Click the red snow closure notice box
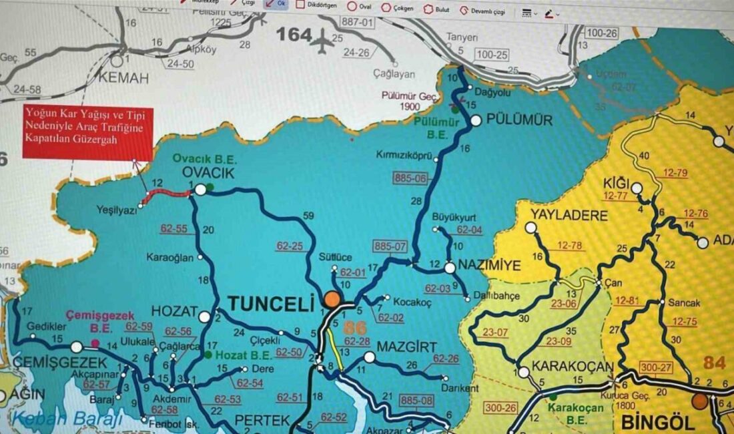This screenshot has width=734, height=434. [88, 132]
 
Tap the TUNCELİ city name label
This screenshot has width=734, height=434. [270, 304]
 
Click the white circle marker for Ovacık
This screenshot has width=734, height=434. [200, 190]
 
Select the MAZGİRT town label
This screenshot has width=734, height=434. [406, 348]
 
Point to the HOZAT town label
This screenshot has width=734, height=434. [175, 312]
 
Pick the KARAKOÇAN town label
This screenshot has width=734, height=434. [565, 367]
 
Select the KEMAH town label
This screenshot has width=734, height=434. [123, 78]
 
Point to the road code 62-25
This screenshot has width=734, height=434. [288, 245]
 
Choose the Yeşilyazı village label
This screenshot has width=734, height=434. [116, 209]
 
